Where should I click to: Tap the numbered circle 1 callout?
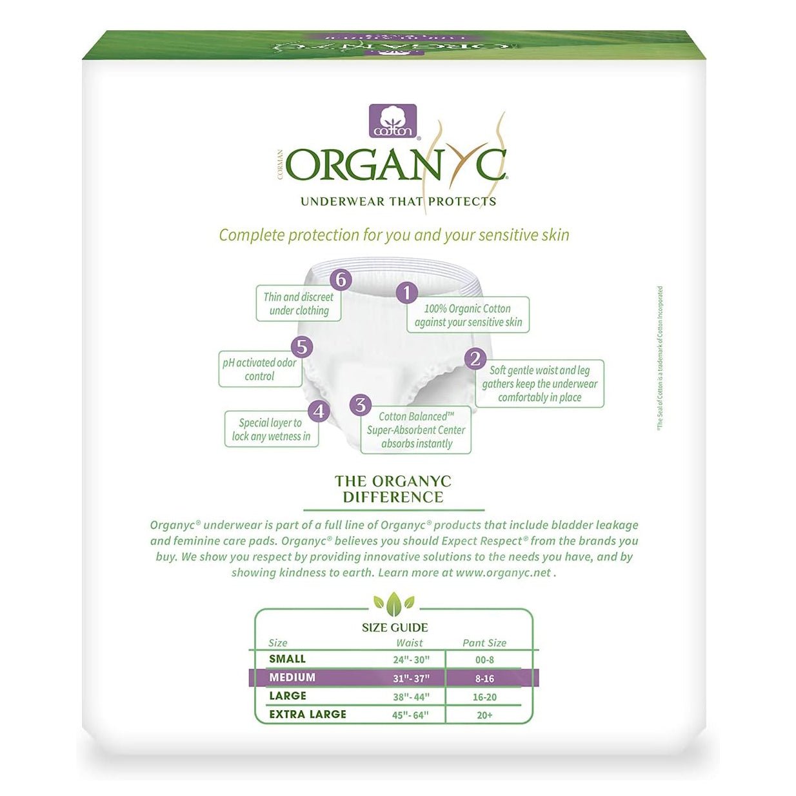click(x=406, y=293)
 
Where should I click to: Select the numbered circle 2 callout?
click(x=475, y=359)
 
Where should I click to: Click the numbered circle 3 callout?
click(x=360, y=405)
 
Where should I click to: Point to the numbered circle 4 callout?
click(x=319, y=412)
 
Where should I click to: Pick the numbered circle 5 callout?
click(x=301, y=347)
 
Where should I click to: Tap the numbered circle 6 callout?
click(x=341, y=280)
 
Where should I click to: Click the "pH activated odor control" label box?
click(x=260, y=370)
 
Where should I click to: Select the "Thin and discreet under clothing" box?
click(x=299, y=304)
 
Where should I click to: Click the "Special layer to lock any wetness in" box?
click(x=271, y=430)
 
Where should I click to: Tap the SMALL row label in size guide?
click(x=288, y=659)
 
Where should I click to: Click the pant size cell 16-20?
click(x=484, y=697)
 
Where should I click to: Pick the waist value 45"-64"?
click(x=410, y=715)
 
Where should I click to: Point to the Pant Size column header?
click(x=484, y=643)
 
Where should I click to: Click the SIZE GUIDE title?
click(x=395, y=628)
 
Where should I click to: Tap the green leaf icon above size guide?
click(x=394, y=604)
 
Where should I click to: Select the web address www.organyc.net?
click(x=504, y=573)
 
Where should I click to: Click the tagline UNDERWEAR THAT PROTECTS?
click(x=398, y=202)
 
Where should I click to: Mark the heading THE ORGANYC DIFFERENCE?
click(x=393, y=489)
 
